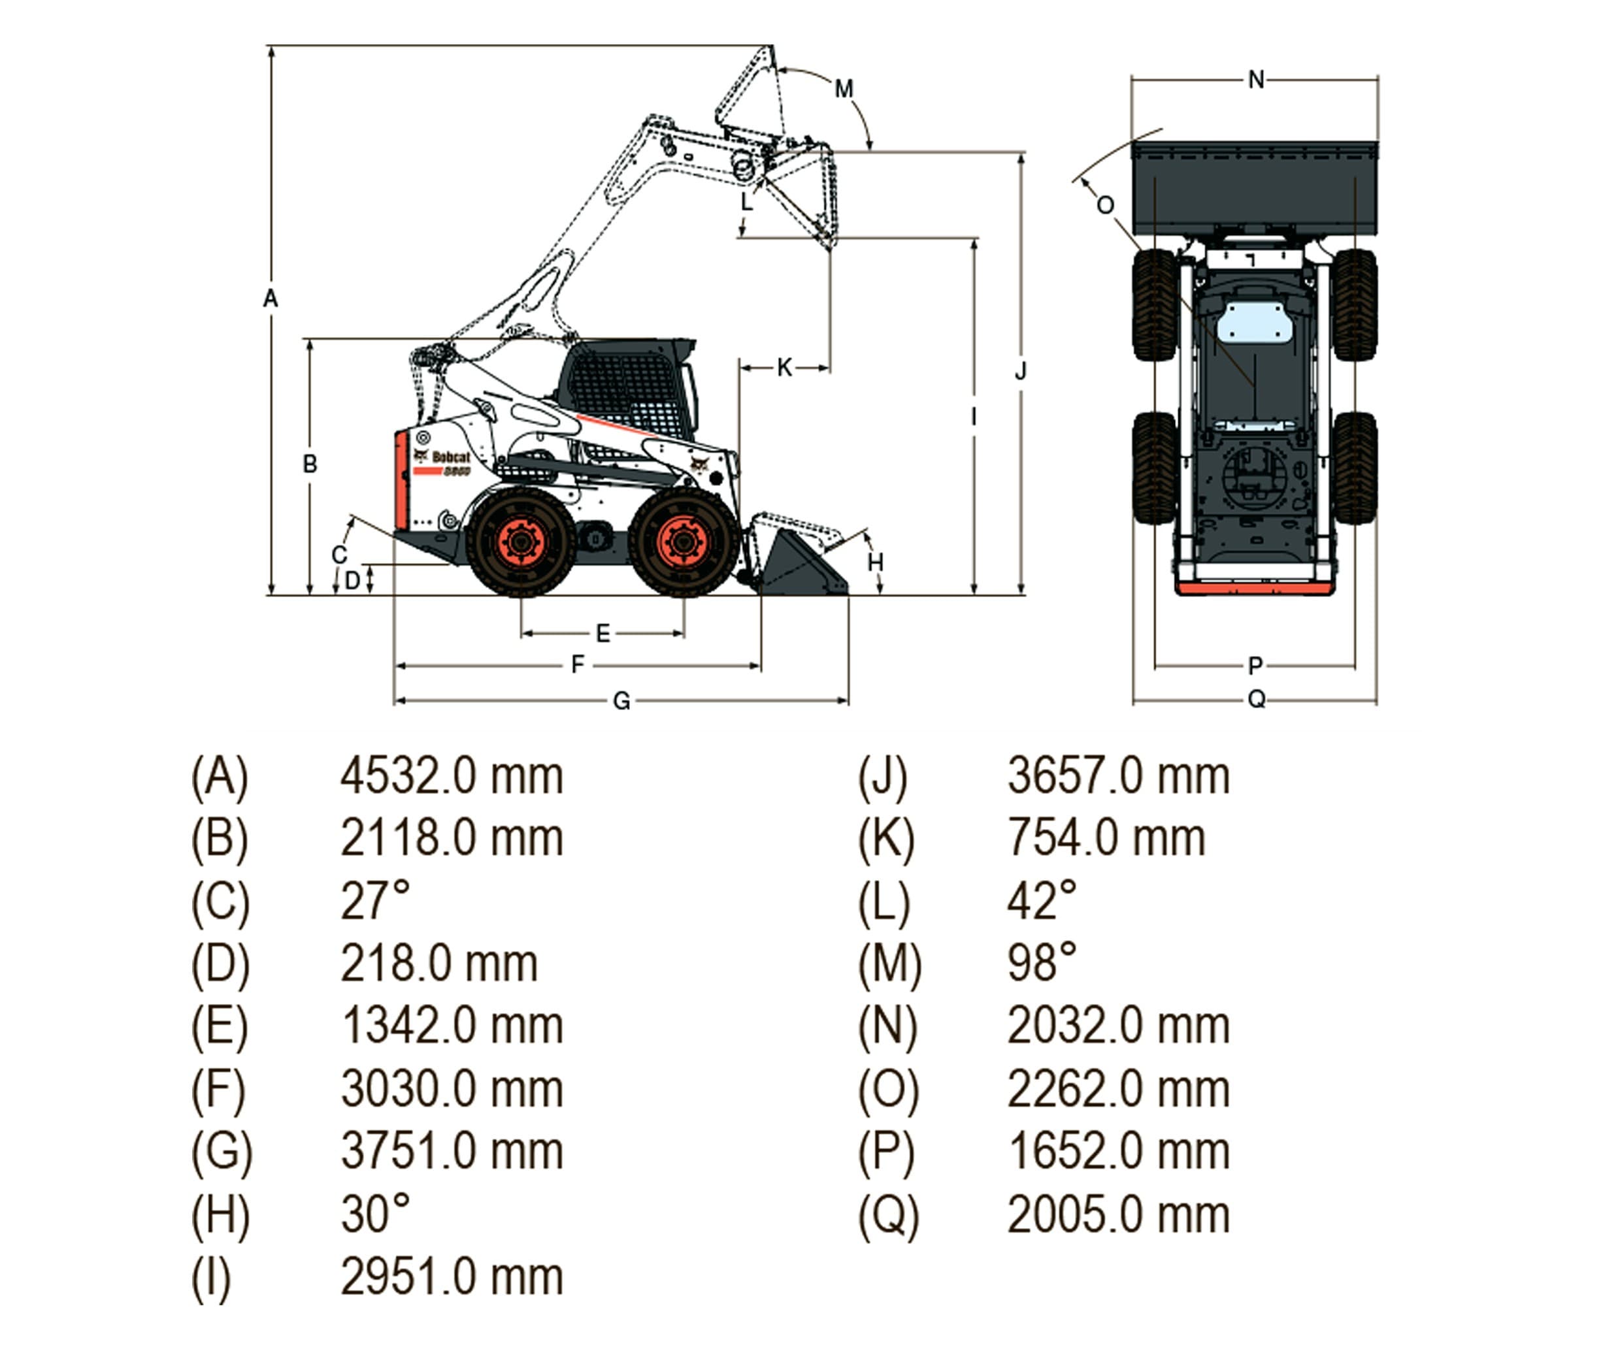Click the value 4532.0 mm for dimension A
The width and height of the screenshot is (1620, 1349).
pos(452,776)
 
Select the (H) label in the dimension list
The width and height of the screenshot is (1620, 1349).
pos(220,1215)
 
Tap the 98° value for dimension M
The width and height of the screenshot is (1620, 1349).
pos(1042,964)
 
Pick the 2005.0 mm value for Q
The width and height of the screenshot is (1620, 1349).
pos(1118,1215)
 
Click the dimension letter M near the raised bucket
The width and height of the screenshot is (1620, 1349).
pos(844,89)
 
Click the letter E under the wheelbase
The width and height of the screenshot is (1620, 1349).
pos(603,634)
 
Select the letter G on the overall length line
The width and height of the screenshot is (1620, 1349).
pos(621,701)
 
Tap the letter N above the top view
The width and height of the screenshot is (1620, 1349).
pos(1256,80)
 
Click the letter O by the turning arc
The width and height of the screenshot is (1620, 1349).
pos(1104,205)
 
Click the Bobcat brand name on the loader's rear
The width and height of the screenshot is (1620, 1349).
pos(450,457)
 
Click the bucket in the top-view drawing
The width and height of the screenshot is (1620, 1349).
pos(1253,185)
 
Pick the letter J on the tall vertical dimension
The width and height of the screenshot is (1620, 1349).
pos(1021,372)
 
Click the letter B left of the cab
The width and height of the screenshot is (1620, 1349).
pos(309,464)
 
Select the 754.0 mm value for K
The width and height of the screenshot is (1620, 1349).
pos(1106,838)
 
